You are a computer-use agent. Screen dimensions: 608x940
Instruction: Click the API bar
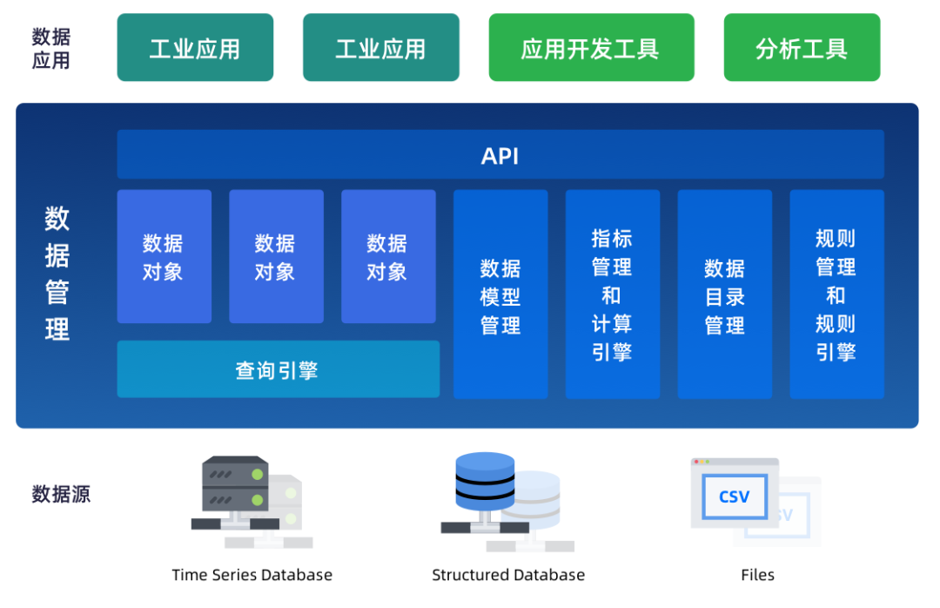500,155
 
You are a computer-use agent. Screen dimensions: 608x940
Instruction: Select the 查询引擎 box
278,369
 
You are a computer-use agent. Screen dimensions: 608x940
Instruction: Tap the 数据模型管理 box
500,294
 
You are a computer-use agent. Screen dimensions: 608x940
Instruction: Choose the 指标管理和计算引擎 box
612,294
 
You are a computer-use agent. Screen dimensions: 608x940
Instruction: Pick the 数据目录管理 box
724,294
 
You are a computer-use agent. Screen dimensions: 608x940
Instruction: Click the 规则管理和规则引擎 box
836,294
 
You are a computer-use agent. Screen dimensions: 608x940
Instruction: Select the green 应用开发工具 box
591,48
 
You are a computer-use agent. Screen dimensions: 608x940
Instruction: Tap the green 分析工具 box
802,48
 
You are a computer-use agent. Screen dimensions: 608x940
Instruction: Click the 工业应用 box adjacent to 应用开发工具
380,48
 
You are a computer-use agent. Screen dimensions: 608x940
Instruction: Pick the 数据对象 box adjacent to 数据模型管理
388,256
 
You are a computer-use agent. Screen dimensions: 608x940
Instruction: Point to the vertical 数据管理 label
57,274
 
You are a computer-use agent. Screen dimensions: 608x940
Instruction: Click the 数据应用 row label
50,48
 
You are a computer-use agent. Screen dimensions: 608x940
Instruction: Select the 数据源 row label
61,495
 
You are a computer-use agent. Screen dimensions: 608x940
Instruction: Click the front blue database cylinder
485,482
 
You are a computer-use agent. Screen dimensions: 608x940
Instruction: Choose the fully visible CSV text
734,497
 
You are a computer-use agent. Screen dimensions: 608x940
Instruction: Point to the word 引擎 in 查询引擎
299,370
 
